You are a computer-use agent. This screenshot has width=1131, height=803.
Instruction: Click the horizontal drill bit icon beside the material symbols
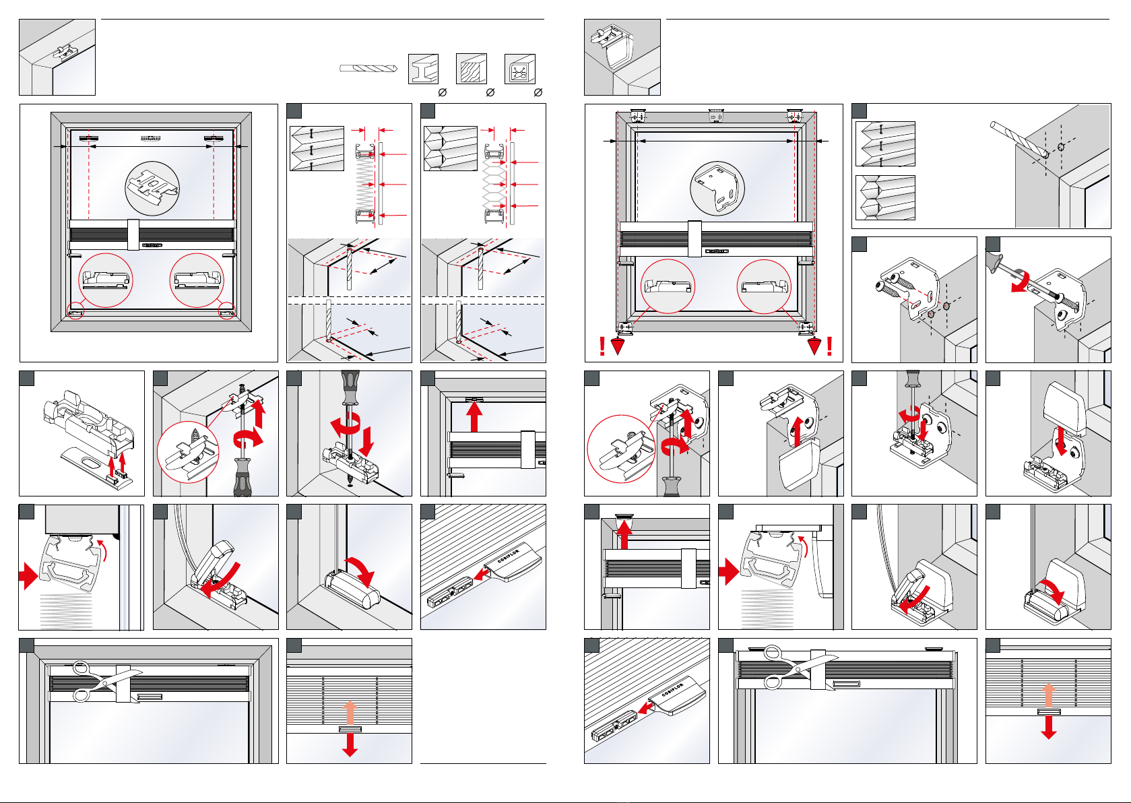368,68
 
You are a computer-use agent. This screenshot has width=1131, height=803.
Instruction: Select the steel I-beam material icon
423,69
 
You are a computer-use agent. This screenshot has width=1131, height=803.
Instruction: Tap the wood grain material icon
472,69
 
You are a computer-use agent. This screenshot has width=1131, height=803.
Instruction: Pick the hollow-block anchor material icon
519,69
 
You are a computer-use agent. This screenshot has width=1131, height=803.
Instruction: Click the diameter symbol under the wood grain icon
490,92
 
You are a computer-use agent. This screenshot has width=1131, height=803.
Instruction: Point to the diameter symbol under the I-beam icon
443,92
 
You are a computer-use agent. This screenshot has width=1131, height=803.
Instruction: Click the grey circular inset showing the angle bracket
717,188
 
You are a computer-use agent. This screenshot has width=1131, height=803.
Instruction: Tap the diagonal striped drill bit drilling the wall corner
1019,139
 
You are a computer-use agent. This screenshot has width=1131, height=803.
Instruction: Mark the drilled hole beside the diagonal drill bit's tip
1061,147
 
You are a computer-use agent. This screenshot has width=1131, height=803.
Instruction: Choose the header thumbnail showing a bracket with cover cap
622,57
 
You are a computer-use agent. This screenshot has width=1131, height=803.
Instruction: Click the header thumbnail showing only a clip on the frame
57,57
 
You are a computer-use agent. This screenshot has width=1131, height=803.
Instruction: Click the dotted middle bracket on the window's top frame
715,116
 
